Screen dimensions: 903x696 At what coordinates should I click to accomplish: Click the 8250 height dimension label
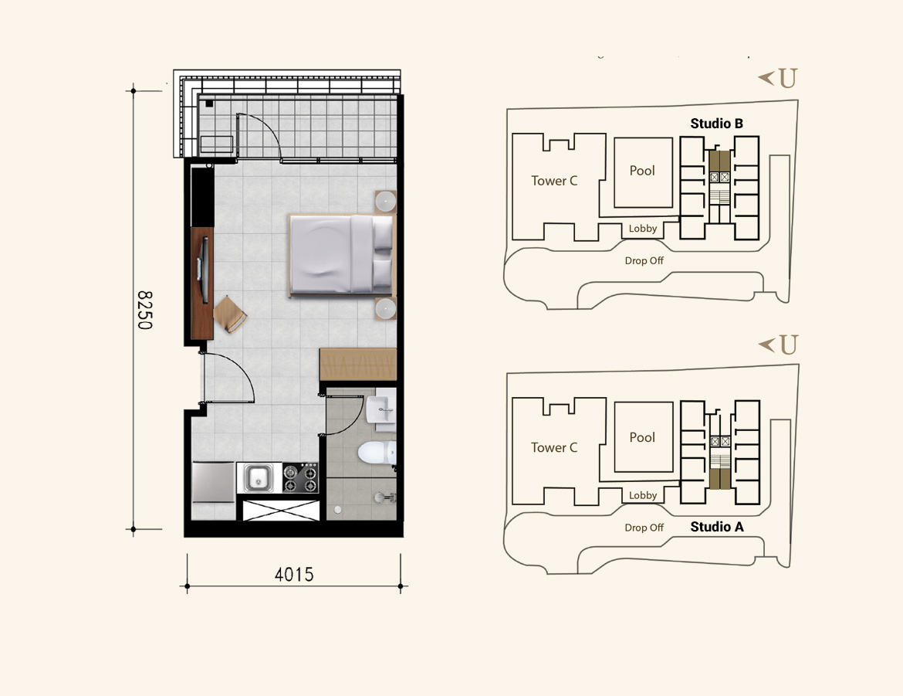coord(144,310)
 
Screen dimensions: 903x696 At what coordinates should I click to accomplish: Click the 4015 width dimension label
coord(294,574)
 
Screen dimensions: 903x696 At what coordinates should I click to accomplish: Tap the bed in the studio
coord(342,254)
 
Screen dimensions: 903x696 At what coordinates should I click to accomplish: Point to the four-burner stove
coord(300,477)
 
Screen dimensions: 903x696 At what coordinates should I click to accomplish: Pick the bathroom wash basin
coord(382,409)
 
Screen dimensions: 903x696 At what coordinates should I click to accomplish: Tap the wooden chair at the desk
coord(230,314)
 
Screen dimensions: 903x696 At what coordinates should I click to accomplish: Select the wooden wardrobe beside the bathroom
coord(358,364)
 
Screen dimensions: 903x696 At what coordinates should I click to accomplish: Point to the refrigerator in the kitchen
coord(213,482)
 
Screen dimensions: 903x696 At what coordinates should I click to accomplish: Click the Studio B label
coord(716,124)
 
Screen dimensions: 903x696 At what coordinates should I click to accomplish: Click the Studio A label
coord(717,527)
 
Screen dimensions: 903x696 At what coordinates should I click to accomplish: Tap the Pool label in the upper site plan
coord(642,171)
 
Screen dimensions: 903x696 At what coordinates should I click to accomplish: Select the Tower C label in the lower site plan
coord(554,447)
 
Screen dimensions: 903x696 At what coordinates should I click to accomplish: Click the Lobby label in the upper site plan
coord(643,229)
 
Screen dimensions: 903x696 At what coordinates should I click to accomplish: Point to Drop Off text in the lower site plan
coord(644,528)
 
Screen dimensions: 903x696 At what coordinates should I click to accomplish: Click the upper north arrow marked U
coord(777,78)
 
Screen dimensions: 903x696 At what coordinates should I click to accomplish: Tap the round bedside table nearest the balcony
coord(385,202)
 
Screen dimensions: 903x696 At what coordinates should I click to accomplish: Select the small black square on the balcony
coord(209,104)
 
